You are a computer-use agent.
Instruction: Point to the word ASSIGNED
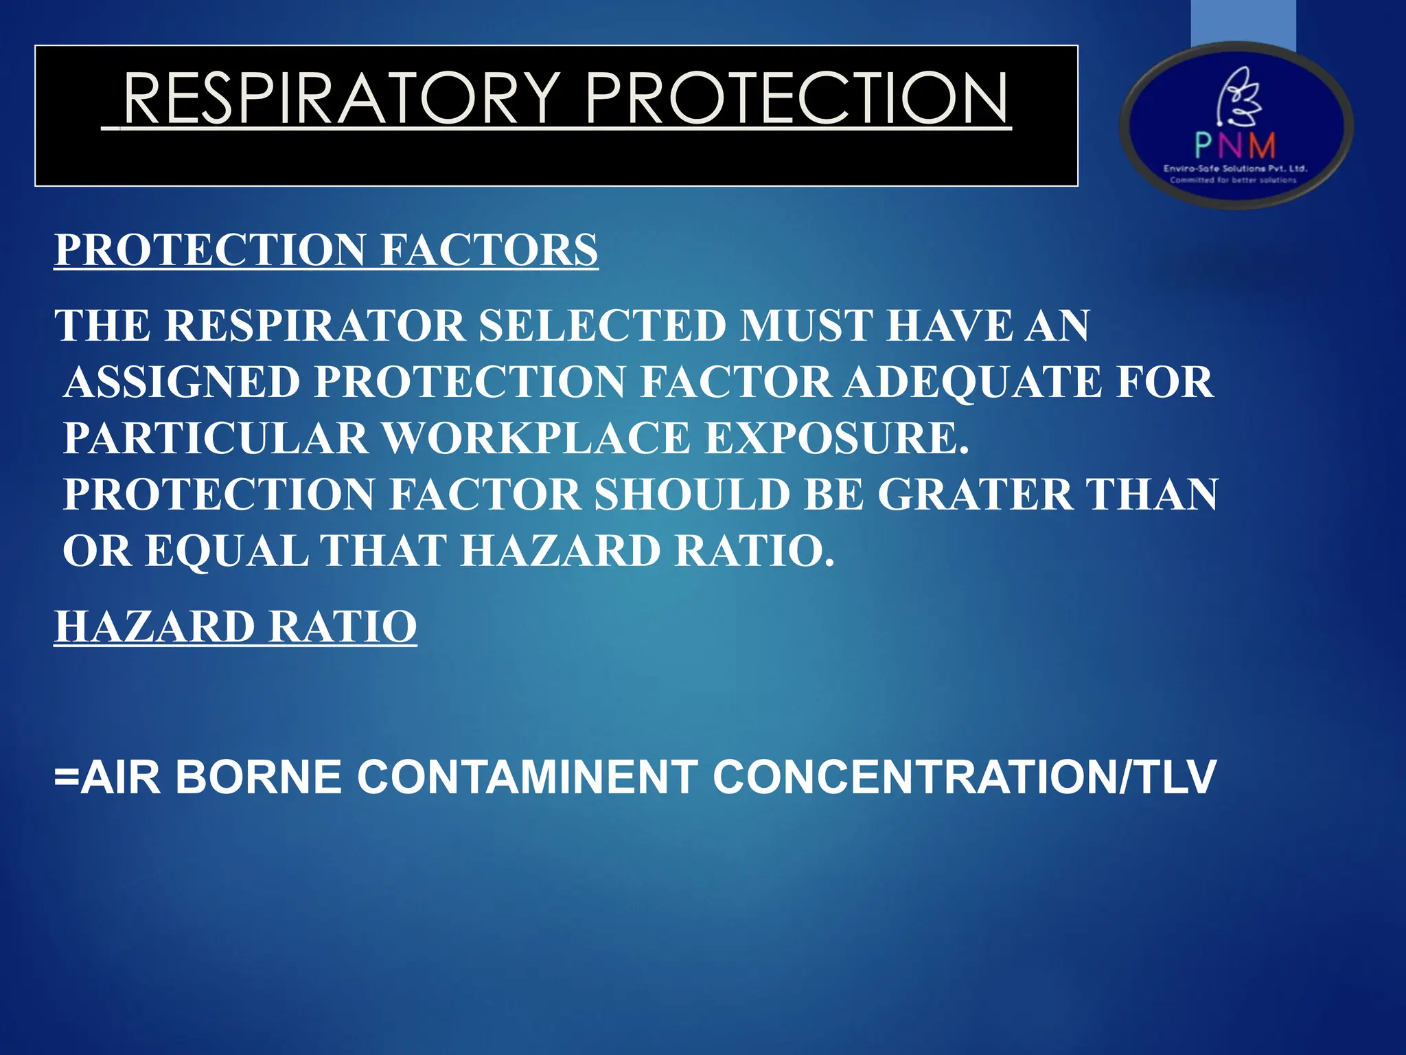[x=182, y=382]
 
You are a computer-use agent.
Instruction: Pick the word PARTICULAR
[x=216, y=438]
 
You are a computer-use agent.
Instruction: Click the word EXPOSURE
[x=837, y=438]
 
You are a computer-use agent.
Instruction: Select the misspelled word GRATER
[x=973, y=495]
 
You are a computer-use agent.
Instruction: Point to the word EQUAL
[x=227, y=551]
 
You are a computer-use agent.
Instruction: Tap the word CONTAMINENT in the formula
[x=527, y=778]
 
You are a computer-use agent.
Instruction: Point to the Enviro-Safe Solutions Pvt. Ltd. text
[x=1235, y=168]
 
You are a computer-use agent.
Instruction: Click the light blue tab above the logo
[x=1243, y=24]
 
